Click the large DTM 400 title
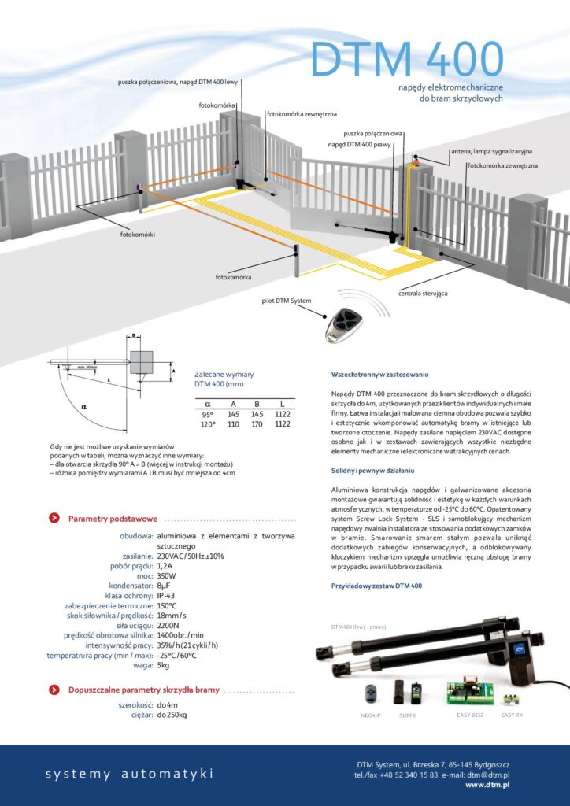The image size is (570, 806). (406, 58)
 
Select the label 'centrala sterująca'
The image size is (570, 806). (423, 293)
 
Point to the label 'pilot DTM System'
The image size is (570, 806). (287, 301)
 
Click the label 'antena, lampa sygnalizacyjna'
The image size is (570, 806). (491, 150)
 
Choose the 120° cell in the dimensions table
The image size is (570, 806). (208, 423)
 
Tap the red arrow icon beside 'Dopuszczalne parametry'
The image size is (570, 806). (54, 690)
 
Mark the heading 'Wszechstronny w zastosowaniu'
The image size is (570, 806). (379, 375)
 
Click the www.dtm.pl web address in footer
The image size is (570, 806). (487, 785)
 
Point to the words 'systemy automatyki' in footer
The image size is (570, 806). (129, 774)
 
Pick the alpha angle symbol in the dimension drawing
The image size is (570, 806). (84, 407)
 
